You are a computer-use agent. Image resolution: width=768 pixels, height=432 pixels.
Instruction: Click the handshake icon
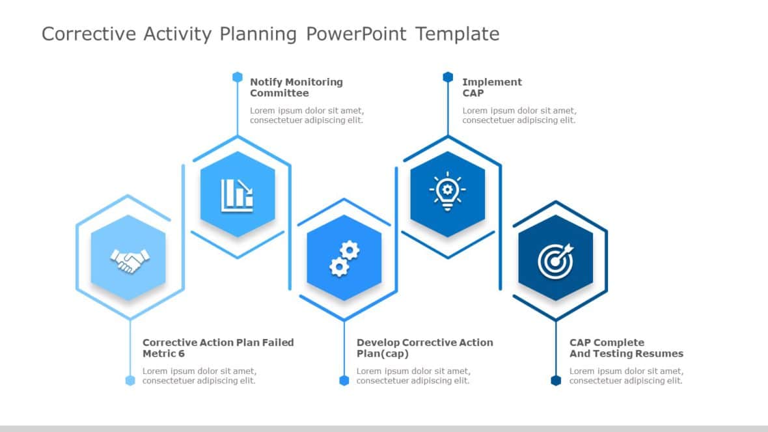click(x=130, y=260)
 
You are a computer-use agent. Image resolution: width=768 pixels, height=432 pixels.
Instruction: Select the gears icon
click(x=344, y=258)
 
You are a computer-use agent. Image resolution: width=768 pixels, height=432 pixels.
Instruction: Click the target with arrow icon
click(x=556, y=259)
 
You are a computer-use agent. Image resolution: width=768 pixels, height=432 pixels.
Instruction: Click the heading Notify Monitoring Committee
click(x=296, y=87)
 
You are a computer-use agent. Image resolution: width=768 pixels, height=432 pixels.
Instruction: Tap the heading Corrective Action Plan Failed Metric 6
click(x=218, y=348)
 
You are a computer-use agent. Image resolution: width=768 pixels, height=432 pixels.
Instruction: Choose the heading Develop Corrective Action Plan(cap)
click(x=424, y=348)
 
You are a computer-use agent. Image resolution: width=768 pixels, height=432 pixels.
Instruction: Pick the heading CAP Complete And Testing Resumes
click(x=626, y=348)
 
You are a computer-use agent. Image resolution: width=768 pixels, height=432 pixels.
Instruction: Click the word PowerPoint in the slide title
click(x=357, y=34)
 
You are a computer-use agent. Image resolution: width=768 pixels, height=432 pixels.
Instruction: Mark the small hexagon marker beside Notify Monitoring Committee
click(x=238, y=77)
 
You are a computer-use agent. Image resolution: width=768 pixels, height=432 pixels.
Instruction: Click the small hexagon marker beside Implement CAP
click(x=448, y=77)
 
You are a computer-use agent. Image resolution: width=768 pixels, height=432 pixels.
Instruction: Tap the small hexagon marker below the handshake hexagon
click(x=130, y=381)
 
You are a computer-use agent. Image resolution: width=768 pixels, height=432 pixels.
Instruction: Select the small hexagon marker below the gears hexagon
click(x=344, y=381)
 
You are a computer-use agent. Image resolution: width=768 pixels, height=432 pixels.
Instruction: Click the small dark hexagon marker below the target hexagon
click(x=556, y=381)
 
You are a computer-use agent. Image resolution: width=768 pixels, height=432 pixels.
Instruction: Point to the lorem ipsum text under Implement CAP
click(x=519, y=115)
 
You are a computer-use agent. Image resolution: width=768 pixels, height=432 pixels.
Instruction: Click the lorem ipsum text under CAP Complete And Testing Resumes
click(x=625, y=376)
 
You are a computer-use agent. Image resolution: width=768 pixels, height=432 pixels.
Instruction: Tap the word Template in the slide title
click(x=458, y=34)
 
